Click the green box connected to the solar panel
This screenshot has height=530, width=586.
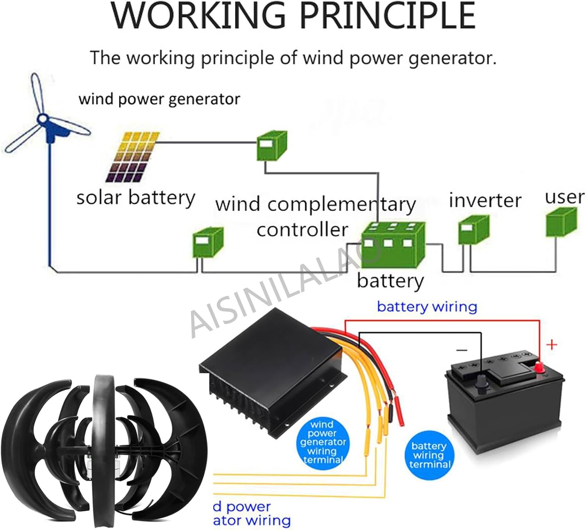pos(272,146)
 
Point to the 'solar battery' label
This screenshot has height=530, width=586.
pos(136,198)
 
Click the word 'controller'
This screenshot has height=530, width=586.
pos(302,230)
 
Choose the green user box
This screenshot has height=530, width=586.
pos(561,222)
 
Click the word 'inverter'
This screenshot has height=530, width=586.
pos(485,201)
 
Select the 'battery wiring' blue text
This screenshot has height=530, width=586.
pos(427,307)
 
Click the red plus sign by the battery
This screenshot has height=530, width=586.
pos(551,345)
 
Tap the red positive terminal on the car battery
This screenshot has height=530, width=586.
pos(540,367)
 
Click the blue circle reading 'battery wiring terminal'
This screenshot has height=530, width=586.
pos(429,455)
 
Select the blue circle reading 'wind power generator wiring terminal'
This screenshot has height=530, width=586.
pos(322,442)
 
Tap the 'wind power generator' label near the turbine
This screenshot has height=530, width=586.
pos(159,99)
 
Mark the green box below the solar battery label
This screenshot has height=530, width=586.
pos(208,242)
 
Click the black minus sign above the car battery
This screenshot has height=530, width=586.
pos(462,350)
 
